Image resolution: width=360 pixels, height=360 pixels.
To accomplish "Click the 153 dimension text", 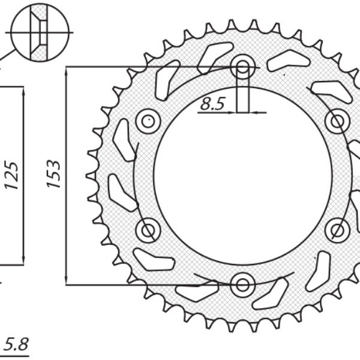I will (54, 174).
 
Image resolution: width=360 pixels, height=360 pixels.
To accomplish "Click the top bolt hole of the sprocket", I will (242, 67).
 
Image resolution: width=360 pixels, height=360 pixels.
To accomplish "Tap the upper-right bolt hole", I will (337, 121).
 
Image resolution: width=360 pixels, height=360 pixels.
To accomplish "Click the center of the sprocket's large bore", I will (242, 175).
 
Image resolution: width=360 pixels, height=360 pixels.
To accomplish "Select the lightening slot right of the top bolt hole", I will (287, 60).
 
